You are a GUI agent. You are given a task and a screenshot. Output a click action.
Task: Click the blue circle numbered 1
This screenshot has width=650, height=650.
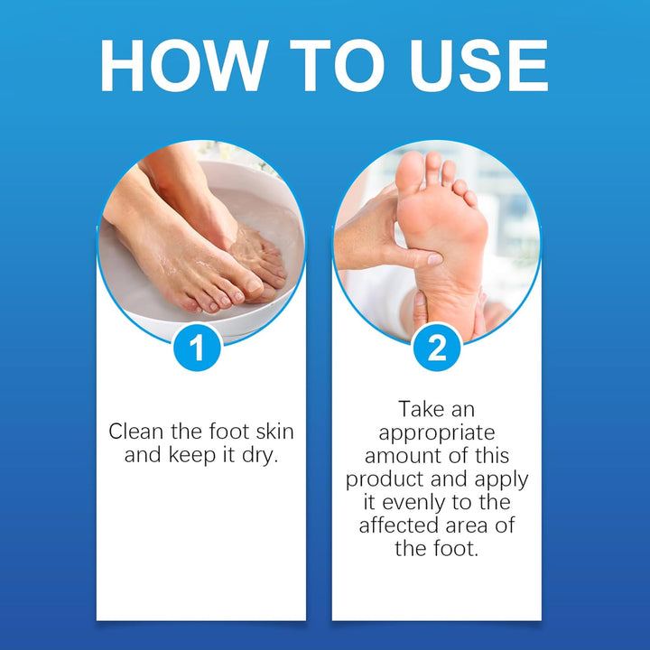[x=201, y=348]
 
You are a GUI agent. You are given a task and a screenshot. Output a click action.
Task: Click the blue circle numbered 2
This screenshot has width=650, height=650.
[x=437, y=348]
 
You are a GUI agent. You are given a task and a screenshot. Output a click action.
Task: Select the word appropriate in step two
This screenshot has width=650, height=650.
[x=437, y=432]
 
